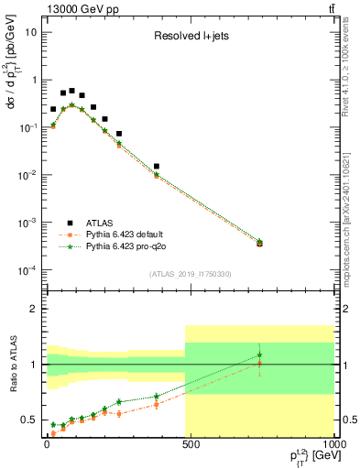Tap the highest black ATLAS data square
71,91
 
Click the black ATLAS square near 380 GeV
157,167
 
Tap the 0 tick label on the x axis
47,442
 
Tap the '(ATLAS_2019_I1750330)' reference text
190,275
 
